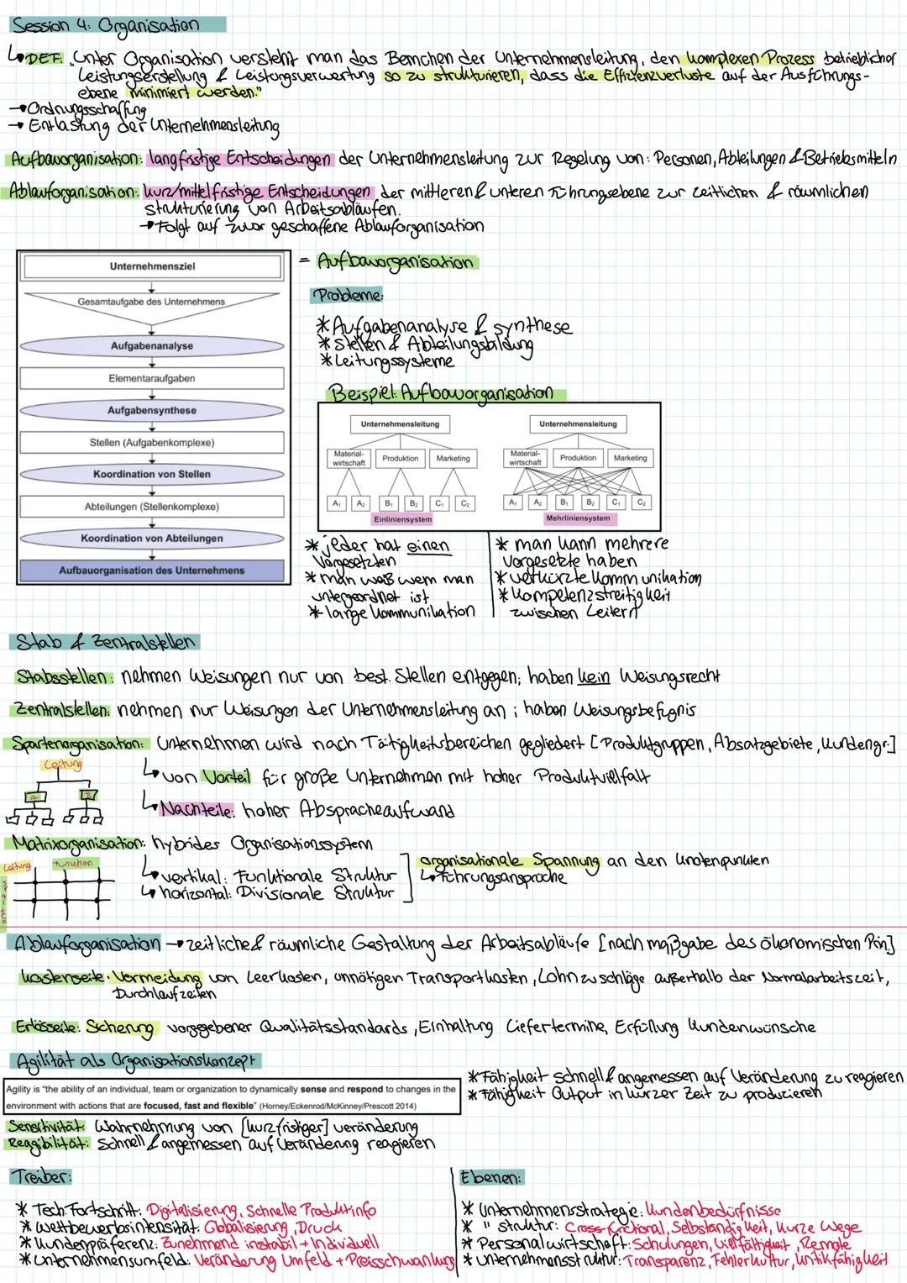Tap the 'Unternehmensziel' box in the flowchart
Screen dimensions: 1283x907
tap(152, 266)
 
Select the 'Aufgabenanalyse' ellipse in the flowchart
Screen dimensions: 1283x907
tap(152, 346)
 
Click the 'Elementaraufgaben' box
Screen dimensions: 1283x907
tap(152, 379)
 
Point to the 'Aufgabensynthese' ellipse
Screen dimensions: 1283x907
tap(152, 411)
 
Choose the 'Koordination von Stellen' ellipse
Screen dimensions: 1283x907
tap(152, 475)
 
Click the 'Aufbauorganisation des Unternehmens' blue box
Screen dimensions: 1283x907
tap(152, 571)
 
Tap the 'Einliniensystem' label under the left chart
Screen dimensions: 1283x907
tap(399, 518)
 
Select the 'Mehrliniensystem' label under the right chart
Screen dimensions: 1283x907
tap(578, 518)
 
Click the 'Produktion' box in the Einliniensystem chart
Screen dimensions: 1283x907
tap(400, 459)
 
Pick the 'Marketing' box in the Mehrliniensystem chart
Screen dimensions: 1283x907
tap(630, 459)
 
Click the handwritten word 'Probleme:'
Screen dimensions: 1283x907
tap(348, 296)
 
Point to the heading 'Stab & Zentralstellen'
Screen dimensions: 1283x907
tap(105, 643)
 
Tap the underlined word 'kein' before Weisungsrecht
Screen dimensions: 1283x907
tap(592, 677)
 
